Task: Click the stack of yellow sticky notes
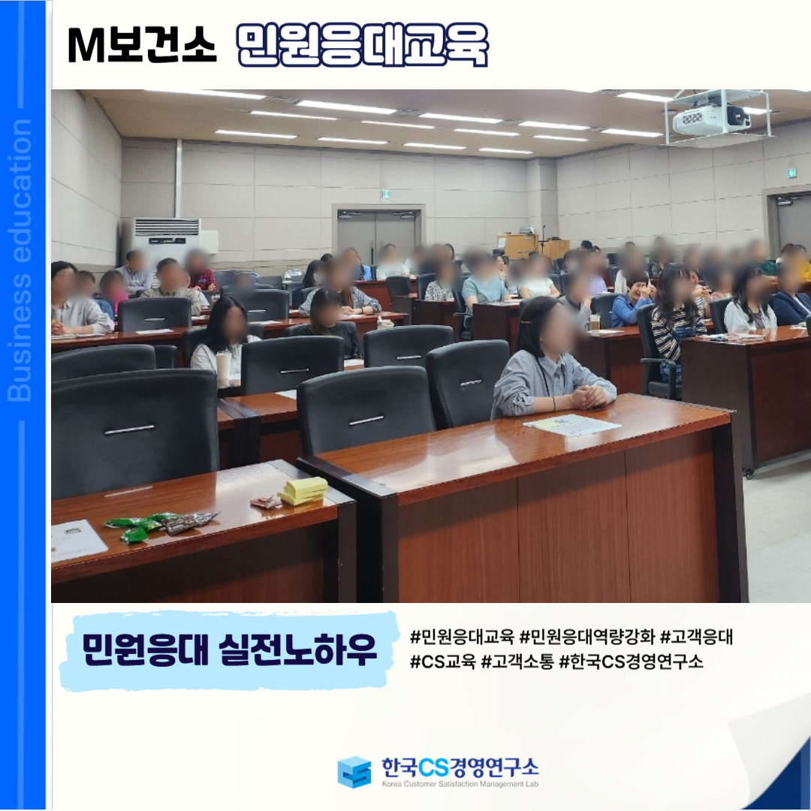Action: pos(303,490)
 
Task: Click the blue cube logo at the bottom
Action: pos(354,772)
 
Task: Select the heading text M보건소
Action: pos(142,45)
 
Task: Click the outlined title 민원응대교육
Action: pos(362,45)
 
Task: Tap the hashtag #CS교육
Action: pos(443,661)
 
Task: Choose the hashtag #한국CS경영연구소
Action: pos(631,661)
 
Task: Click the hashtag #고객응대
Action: pos(697,637)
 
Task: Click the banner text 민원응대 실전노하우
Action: pos(229,650)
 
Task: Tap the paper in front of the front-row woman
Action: pos(572,424)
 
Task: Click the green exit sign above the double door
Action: pos(385,194)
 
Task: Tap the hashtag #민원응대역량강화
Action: pos(587,637)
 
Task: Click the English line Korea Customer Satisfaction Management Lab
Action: pos(460,784)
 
